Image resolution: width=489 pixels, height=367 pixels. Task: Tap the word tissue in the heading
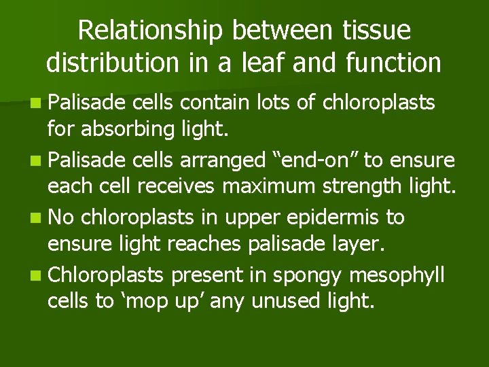tap(374, 31)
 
